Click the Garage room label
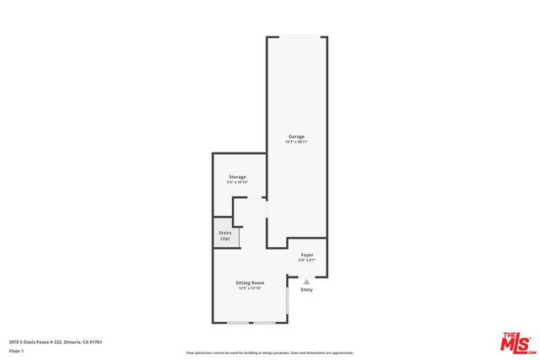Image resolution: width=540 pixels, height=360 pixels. pos(296,137)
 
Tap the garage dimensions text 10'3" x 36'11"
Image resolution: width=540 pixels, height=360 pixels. pos(296,142)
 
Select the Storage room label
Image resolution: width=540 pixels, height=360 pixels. pos(237,177)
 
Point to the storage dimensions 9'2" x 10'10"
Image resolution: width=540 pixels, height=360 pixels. pos(237,183)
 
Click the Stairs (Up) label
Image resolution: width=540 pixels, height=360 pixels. pos(225,237)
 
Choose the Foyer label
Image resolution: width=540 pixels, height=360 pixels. pos(306,254)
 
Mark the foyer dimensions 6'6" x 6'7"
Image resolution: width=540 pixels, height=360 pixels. pos(306,260)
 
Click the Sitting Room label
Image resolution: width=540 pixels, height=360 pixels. pos(251,282)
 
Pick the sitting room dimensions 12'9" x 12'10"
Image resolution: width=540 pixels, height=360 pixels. pos(251,288)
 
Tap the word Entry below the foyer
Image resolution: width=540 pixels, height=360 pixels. pos(306,290)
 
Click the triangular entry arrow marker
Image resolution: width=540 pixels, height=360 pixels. pos(306,282)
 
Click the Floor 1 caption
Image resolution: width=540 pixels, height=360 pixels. pos(17,351)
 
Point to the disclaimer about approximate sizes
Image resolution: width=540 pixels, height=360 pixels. pos(270,353)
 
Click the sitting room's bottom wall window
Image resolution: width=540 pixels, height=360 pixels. pos(251,323)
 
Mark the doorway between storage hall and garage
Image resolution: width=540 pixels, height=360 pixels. pos(267,209)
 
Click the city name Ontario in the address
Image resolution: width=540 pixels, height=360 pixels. pos(71,341)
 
